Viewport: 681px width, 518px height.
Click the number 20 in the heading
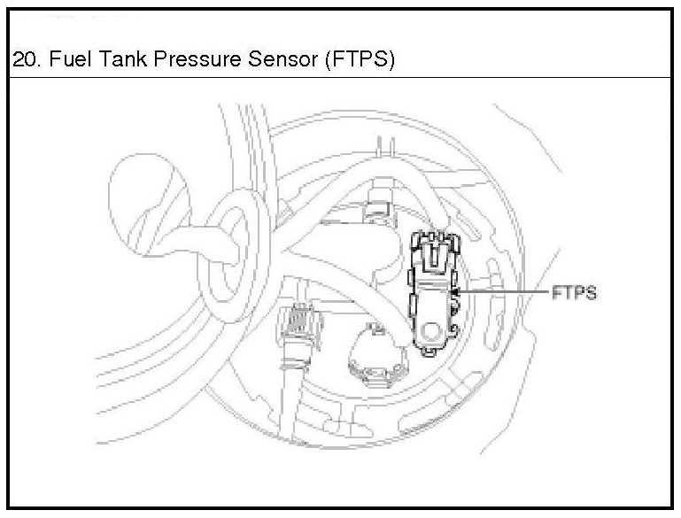24,62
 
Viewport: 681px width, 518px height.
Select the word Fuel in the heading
66,62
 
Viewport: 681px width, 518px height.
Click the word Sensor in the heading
275,62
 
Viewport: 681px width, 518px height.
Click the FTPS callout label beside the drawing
574,293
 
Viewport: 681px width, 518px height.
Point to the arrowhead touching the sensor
456,291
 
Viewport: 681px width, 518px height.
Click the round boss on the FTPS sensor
433,333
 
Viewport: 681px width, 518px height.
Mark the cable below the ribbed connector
292,390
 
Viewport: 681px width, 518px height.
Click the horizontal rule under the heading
340,79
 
